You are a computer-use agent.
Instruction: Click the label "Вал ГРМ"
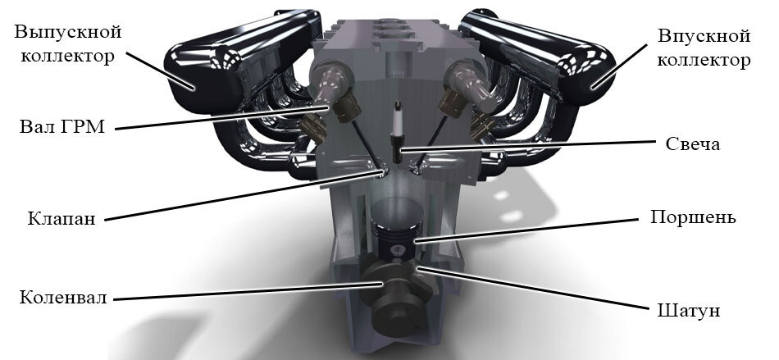[x=62, y=127]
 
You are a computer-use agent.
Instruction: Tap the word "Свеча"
[x=693, y=144]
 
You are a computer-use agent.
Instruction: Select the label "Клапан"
[x=61, y=218]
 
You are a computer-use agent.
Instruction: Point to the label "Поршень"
[x=693, y=217]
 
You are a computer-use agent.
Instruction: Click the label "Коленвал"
[x=63, y=298]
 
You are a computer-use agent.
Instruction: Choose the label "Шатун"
[x=689, y=311]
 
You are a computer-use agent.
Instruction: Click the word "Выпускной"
[x=69, y=33]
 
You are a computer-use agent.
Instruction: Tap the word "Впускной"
[x=704, y=36]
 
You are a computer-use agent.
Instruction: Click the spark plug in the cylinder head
[x=397, y=131]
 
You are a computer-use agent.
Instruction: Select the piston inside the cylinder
[x=398, y=226]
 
